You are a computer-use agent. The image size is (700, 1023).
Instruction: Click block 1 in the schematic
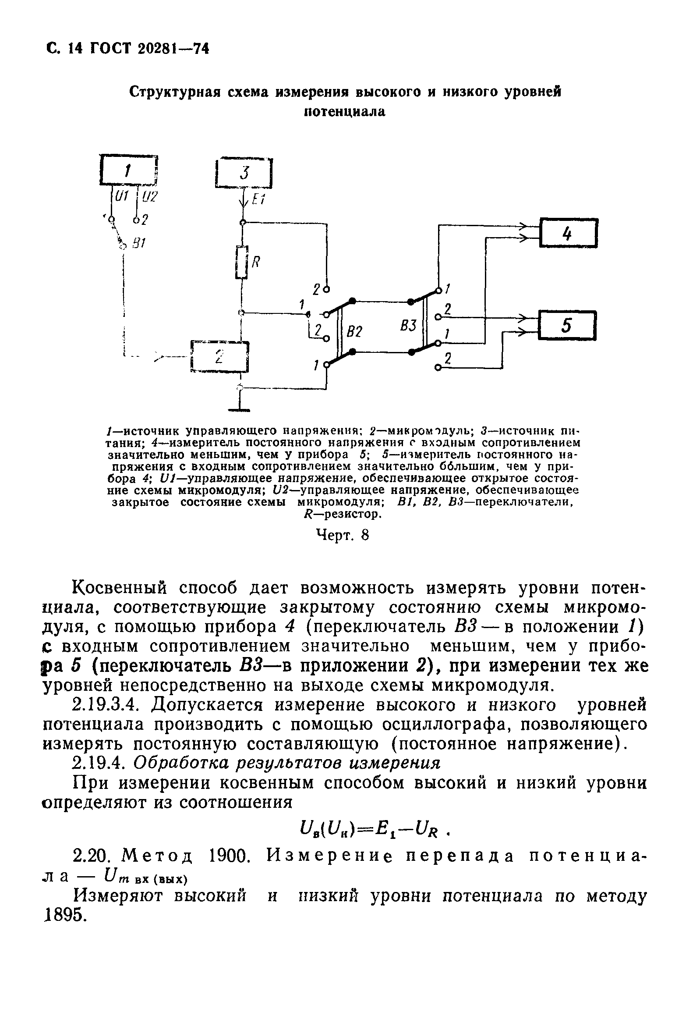[128, 170]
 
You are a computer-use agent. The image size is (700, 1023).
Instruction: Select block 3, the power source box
[244, 173]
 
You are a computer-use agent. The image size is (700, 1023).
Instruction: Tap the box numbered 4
[568, 233]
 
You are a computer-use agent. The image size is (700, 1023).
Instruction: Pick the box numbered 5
[567, 325]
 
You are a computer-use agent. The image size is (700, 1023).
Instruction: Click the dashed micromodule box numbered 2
[219, 356]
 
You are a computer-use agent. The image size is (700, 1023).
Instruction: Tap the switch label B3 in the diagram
[408, 326]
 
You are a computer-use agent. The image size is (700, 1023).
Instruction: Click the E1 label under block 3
[258, 200]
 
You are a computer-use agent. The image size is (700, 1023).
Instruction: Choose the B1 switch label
[139, 242]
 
